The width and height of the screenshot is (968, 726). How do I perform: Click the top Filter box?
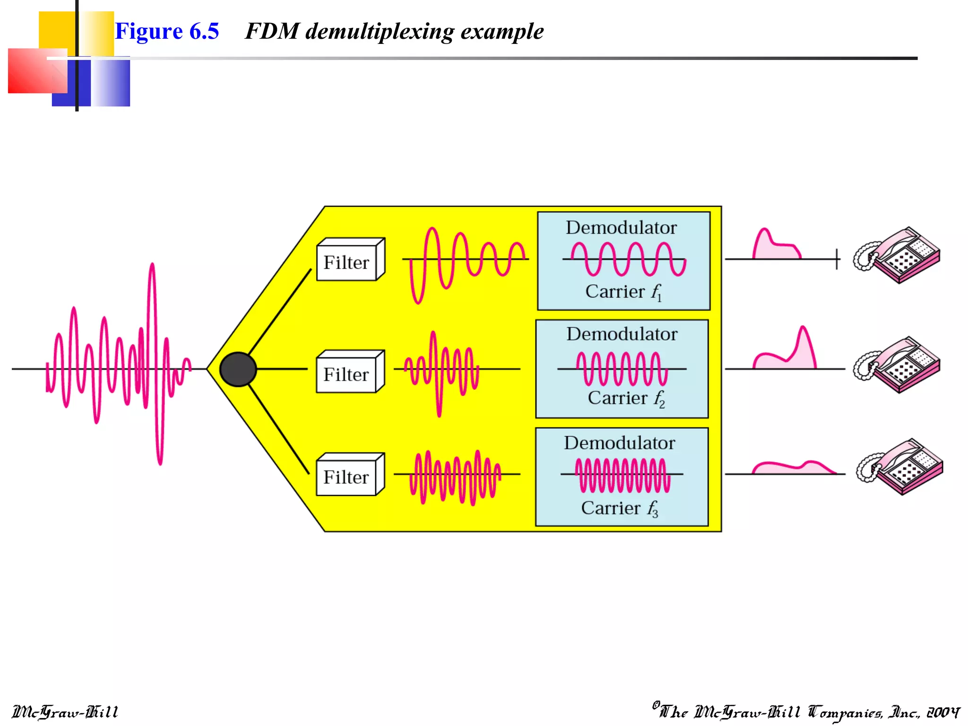[350, 260]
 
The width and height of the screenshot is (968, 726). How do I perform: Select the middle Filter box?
[350, 372]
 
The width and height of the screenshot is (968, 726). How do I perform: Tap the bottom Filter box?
[350, 475]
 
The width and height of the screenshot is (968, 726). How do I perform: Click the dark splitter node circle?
[238, 369]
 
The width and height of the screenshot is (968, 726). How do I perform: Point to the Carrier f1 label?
[623, 292]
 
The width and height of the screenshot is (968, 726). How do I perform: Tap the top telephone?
[897, 255]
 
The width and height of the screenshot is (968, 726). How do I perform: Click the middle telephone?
[897, 364]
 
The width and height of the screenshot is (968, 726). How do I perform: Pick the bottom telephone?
[900, 467]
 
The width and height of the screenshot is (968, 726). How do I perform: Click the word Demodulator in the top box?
[621, 228]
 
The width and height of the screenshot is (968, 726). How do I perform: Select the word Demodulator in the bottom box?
[619, 443]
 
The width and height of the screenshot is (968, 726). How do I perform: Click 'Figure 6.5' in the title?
[167, 32]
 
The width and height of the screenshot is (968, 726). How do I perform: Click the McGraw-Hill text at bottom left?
[65, 712]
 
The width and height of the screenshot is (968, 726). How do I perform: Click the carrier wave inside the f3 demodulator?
[622, 475]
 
